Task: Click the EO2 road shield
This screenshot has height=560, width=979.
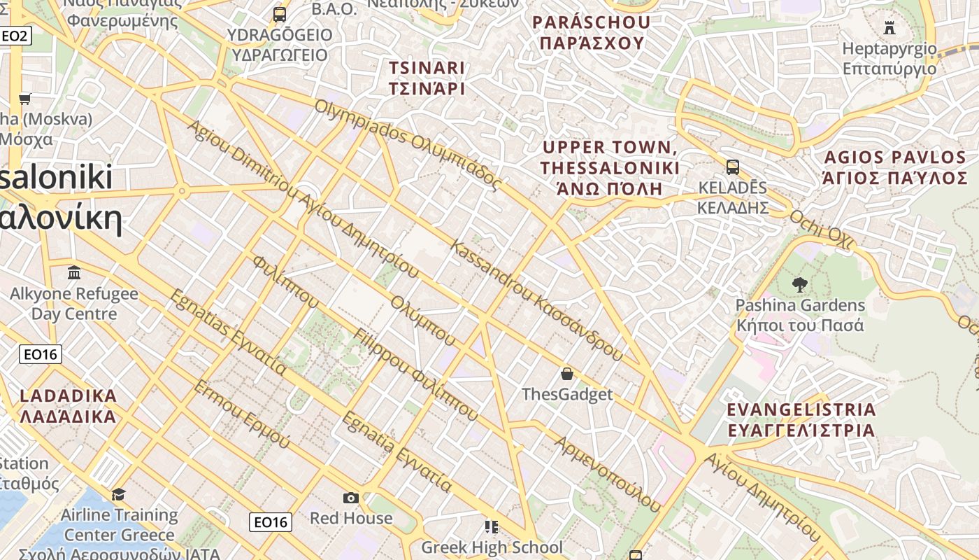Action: coord(15,35)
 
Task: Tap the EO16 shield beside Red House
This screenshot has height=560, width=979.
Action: coord(271,521)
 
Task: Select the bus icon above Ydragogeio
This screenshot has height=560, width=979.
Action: coord(280,14)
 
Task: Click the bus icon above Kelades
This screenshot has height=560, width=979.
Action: coord(733,167)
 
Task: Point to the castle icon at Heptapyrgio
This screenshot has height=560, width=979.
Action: coord(889,28)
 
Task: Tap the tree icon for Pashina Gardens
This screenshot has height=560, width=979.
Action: coord(799,284)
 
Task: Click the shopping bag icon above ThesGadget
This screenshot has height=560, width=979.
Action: coord(567,374)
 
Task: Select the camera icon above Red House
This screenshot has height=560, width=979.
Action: coord(351,498)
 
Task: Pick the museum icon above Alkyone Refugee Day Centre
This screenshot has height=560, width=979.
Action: coord(74,272)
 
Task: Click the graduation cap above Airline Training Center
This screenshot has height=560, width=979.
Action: coord(119,494)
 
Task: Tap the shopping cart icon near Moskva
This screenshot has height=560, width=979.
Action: coord(25,99)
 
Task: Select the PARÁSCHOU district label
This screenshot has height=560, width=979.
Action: coord(592,32)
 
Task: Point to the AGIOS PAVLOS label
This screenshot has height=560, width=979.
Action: coord(895,167)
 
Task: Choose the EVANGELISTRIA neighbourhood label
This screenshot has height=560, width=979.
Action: coord(801,419)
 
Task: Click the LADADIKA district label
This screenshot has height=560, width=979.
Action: coord(68,406)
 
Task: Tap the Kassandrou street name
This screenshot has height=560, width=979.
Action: coord(536,301)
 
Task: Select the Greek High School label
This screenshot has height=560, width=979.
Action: coord(492,547)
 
